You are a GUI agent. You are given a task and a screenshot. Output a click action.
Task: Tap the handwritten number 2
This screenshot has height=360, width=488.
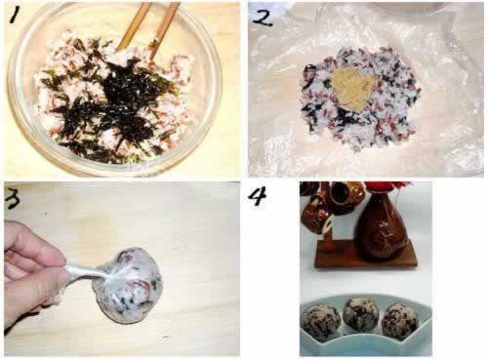tap(262, 17)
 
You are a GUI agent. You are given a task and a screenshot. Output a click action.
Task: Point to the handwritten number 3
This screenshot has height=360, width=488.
tap(13, 198)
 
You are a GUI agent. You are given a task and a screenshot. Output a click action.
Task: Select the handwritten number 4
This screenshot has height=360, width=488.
tap(257, 196)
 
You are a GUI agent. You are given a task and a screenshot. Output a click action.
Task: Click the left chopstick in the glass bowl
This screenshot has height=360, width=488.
tap(133, 26)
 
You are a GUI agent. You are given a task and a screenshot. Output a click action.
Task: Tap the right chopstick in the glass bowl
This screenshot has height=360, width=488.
tap(165, 29)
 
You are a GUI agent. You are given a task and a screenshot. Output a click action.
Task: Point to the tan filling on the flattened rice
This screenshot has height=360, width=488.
tap(354, 89)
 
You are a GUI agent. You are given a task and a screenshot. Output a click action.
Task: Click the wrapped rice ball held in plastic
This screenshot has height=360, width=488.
tap(128, 285)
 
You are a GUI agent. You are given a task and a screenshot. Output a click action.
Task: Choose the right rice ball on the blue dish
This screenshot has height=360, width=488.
tap(400, 319)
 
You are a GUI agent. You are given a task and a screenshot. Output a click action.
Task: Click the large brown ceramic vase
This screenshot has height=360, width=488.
tap(383, 226)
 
